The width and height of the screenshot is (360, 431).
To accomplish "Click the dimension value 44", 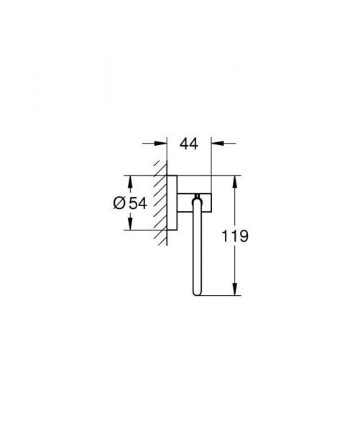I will pos(188,144).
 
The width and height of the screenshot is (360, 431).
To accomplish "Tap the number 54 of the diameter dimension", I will pos(137,203).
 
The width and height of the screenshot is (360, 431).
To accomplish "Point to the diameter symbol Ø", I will pos(120,203).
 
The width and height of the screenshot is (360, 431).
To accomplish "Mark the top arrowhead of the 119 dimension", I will pos(235,180).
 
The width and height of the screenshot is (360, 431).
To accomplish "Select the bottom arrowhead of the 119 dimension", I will pos(235,291).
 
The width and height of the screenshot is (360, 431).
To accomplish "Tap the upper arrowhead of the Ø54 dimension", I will pos(129,180).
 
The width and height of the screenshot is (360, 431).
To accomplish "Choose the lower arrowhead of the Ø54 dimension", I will pos(129,225).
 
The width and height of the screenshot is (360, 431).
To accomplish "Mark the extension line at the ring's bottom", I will pos(219,295).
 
